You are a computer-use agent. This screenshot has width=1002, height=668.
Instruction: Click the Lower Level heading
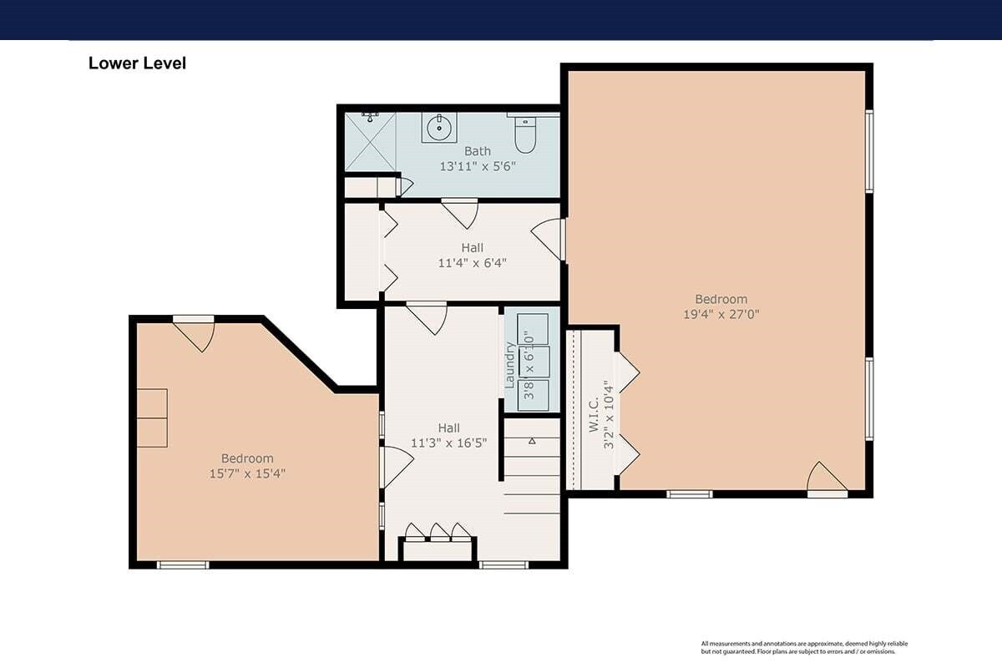pos(137,63)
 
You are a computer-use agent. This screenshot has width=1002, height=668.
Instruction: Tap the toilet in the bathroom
pos(525,134)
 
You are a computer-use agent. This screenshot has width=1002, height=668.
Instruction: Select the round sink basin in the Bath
pos(439,128)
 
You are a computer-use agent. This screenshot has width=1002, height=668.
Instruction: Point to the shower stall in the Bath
pos(371,141)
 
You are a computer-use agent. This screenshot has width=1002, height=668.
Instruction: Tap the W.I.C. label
pos(594,415)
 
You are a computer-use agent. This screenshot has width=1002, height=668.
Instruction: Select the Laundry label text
pos(510,365)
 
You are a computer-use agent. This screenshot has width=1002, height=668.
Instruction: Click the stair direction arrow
pos(532,441)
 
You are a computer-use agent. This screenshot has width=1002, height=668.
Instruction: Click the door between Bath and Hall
pos(460,213)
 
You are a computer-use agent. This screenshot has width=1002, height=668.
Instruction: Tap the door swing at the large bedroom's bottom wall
pos(827,478)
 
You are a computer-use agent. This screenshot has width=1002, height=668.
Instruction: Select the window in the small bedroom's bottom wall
pos(183,565)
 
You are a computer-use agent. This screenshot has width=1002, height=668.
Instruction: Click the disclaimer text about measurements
pos(804,647)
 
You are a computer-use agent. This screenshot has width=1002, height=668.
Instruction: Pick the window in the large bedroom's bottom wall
pos(690,494)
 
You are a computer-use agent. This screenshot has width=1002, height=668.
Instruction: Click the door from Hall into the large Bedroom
pos(549,239)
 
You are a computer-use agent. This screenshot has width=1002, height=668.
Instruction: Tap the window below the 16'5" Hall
pos(504,565)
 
